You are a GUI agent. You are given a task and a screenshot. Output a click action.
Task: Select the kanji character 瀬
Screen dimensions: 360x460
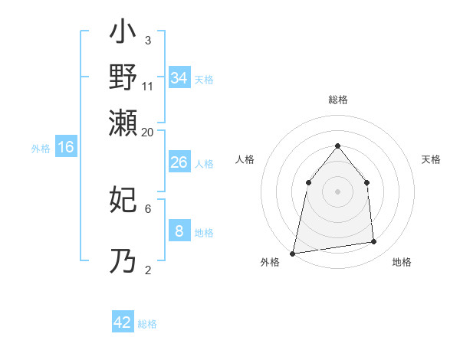click(123, 123)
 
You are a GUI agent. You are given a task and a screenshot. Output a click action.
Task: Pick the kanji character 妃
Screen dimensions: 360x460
click(123, 201)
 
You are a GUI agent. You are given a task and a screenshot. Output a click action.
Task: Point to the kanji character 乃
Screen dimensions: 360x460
click(123, 260)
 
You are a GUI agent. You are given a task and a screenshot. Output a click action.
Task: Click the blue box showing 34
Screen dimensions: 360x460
click(179, 77)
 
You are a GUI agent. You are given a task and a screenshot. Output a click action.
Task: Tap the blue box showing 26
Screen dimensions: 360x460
click(179, 162)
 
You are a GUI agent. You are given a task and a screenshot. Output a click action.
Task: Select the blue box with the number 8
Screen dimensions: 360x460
click(179, 231)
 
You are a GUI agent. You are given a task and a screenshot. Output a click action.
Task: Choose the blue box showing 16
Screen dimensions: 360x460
click(66, 147)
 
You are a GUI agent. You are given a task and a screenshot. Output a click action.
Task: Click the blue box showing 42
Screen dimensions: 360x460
click(123, 322)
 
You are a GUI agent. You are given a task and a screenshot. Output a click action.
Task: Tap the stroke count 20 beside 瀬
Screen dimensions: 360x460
click(147, 132)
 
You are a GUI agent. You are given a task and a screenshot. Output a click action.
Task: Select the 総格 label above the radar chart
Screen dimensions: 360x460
click(338, 100)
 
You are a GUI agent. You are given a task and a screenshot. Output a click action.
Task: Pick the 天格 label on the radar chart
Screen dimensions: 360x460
click(432, 159)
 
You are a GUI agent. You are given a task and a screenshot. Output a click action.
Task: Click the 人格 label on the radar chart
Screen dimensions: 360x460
click(245, 159)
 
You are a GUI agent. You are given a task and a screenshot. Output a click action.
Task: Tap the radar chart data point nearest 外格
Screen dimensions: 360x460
click(293, 253)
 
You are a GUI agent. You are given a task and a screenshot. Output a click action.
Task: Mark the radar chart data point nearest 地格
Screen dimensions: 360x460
click(374, 242)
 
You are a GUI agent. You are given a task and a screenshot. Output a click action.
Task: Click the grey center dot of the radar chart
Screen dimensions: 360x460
click(337, 191)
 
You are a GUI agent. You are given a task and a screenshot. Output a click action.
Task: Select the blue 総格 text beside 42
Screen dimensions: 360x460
click(147, 324)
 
